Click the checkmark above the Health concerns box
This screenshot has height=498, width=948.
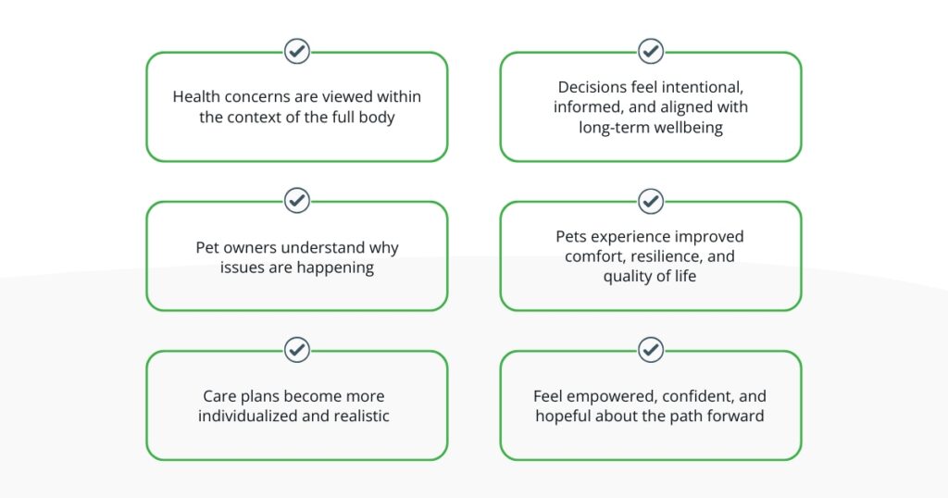pyautogui.click(x=297, y=51)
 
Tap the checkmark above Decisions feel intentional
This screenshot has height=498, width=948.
pyautogui.click(x=651, y=51)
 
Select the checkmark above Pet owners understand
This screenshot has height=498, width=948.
pyautogui.click(x=297, y=201)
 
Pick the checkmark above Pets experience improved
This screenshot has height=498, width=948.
pyautogui.click(x=651, y=201)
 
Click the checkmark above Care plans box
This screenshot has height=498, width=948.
pyautogui.click(x=297, y=349)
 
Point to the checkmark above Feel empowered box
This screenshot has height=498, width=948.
pyautogui.click(x=651, y=349)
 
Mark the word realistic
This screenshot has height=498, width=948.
pyautogui.click(x=361, y=416)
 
